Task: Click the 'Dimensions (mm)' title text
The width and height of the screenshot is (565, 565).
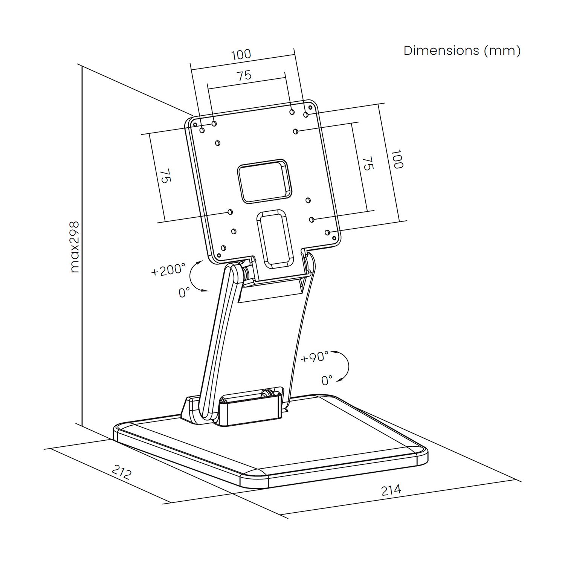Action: pos(462,50)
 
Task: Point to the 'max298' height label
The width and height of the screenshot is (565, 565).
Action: pos(75,247)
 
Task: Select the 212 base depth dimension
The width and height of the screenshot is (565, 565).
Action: pos(122,472)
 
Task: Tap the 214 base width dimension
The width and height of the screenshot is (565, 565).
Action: pos(391,490)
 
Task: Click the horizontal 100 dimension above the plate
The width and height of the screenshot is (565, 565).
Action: pos(241,55)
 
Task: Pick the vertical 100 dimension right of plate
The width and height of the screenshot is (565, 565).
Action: pos(397,159)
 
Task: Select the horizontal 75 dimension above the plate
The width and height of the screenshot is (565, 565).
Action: pos(244,76)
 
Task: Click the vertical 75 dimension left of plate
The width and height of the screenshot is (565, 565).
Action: pos(166,176)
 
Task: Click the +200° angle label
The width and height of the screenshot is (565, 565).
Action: pos(168,270)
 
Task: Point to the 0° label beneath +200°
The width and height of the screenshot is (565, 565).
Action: pos(184,293)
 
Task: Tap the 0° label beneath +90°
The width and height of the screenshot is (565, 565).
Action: pos(327,380)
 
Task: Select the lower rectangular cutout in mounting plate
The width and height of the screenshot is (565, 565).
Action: pos(275,240)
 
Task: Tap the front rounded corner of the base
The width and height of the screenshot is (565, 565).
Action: pos(254,477)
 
